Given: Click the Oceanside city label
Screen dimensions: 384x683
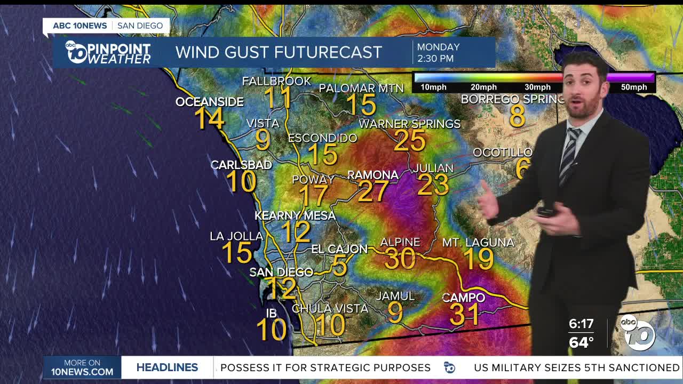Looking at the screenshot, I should tap(209, 102).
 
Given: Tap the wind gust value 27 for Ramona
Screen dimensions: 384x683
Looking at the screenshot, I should tap(373, 191).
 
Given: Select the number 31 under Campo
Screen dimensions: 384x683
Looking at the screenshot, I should tap(464, 314).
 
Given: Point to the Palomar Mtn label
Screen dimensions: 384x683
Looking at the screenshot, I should tap(361, 88).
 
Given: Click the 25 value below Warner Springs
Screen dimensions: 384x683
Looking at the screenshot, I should tap(410, 141).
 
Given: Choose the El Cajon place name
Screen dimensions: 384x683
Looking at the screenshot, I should tap(339, 249).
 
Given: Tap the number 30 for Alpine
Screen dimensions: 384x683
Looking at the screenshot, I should tap(400, 259).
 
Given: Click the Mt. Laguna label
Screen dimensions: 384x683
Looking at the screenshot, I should tap(478, 243).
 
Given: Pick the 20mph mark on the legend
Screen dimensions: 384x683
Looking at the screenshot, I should tap(483, 87).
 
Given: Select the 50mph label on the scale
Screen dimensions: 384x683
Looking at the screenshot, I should tap(633, 87).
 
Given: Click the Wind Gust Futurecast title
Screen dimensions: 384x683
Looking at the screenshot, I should tap(279, 52).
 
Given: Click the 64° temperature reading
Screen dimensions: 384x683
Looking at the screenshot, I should tap(581, 342).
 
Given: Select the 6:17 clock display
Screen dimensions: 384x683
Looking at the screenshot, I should tap(581, 324).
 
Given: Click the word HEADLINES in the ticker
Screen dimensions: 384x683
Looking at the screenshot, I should tap(167, 367).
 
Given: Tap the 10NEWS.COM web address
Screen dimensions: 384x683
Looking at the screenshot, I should tap(82, 372).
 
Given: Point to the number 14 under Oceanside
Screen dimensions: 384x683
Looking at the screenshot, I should tap(209, 118).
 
